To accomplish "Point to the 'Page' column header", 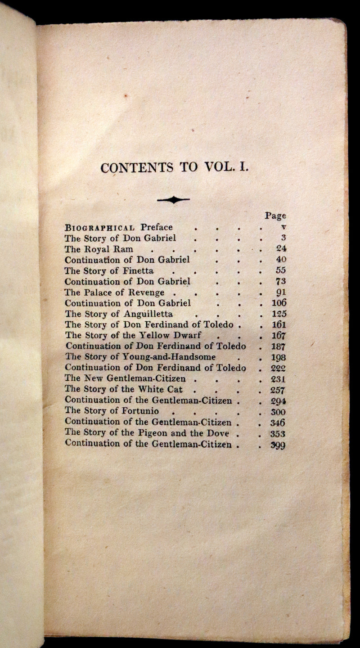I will (275, 216).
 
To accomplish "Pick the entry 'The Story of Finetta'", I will (109, 270).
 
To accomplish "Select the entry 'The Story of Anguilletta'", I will (119, 314).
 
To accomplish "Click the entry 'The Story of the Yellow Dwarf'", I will (133, 335).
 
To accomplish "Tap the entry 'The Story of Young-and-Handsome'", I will (140, 357).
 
